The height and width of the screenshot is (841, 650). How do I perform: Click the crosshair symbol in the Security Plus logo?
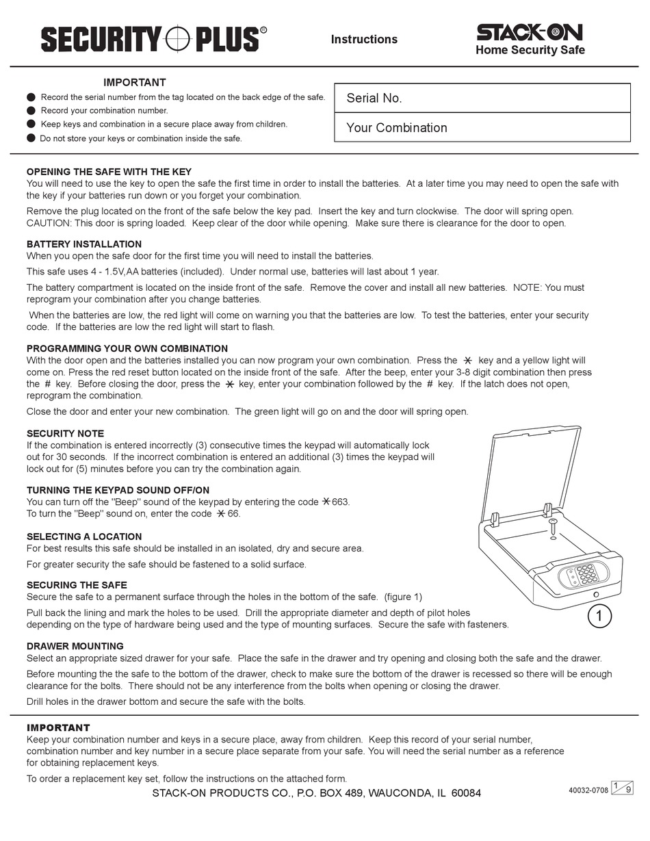point(178,39)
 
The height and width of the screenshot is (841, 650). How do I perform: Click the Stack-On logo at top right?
point(530,32)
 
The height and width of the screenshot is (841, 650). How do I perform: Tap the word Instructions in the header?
point(364,40)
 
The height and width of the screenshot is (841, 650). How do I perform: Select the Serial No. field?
point(482,98)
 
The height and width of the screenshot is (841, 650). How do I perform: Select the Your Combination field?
point(482,128)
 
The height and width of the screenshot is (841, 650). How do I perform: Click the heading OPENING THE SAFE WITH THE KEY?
point(109,172)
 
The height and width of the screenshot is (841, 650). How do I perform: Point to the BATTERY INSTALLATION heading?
point(84,244)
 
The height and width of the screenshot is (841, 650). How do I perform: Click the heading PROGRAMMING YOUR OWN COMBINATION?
point(127,349)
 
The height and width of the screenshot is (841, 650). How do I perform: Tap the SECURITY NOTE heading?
point(66,434)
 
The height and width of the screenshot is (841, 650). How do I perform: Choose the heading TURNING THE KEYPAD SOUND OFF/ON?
point(118,491)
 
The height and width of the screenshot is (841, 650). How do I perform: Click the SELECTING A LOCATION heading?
point(84,537)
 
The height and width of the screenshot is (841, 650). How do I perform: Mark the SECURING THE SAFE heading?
point(77,585)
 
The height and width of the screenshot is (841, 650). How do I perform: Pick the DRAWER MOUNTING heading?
point(75,646)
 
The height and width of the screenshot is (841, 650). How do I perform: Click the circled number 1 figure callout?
point(599,617)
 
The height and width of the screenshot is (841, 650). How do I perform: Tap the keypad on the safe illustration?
point(586,575)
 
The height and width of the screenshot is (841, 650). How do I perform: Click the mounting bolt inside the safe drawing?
point(552,528)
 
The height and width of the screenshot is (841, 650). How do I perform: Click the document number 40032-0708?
point(588,790)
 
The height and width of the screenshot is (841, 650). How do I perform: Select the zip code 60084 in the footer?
point(466,793)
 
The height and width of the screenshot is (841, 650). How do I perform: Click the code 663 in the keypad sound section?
point(340,502)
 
